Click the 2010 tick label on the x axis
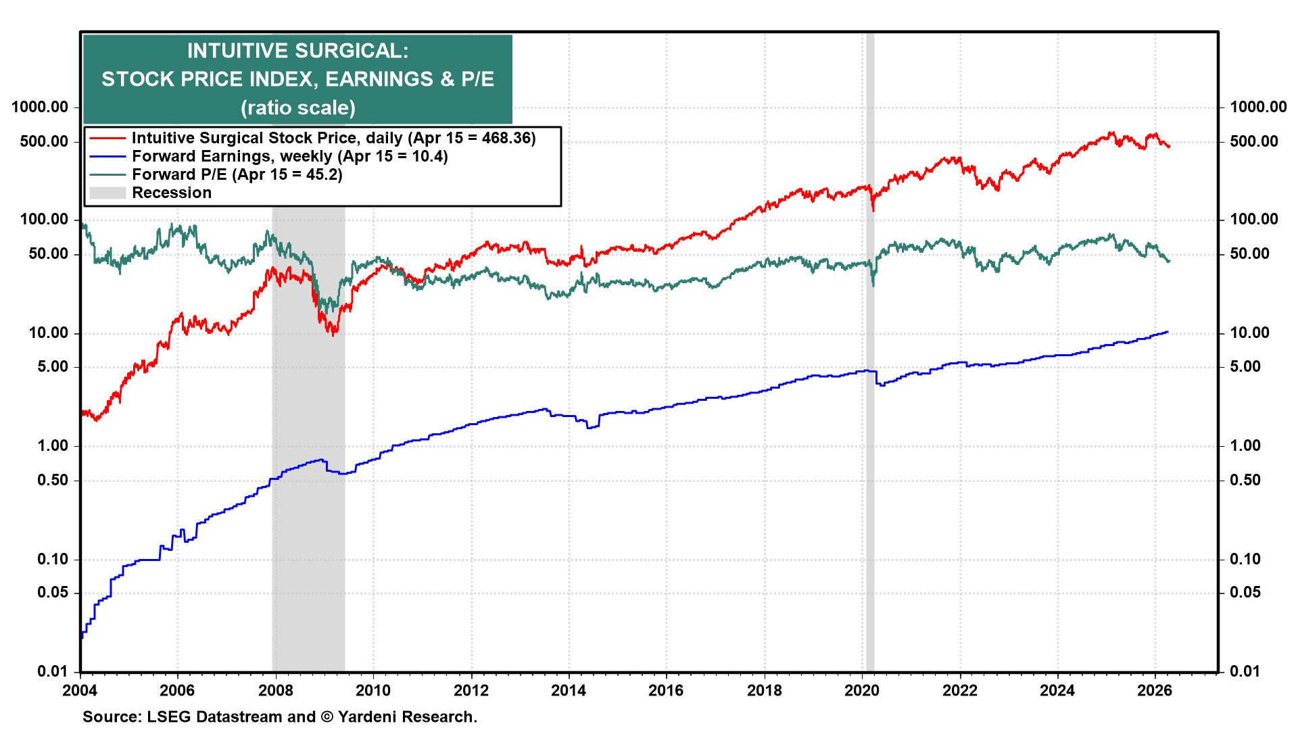373,690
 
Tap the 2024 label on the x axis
1057,690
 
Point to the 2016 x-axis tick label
666,690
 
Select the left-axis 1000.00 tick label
40,107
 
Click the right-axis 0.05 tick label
1245,593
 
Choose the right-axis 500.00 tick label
1254,141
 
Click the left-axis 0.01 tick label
52,671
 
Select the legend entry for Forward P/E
237,174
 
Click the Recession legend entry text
172,193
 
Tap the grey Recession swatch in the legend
107,193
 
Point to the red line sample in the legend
107,138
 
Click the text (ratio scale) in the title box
297,107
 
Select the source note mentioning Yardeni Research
280,716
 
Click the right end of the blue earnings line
1168,332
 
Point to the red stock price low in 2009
333,334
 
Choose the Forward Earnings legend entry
289,156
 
